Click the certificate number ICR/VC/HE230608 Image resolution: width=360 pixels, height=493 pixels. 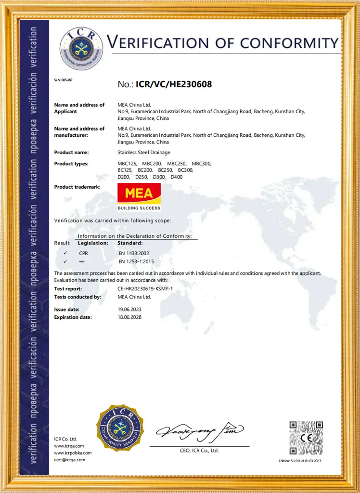coord(174,84)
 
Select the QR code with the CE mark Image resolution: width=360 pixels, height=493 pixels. coord(306,438)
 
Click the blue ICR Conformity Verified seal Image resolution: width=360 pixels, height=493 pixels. coord(120,428)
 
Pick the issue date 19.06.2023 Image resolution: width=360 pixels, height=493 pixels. coord(129,310)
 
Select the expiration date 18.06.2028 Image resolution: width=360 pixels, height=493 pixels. coord(129,317)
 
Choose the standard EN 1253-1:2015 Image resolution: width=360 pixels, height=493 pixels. coord(136,261)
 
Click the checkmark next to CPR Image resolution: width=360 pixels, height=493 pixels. coord(65,253)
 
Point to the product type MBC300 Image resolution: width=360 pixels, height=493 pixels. coord(202,164)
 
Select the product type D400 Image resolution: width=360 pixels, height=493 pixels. coord(177,177)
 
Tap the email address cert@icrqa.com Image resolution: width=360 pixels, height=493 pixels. coord(69,460)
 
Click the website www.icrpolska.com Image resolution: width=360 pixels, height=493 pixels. coord(73,453)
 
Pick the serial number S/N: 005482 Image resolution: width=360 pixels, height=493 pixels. coord(63,80)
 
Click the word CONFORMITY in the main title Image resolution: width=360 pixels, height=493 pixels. coord(289,43)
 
